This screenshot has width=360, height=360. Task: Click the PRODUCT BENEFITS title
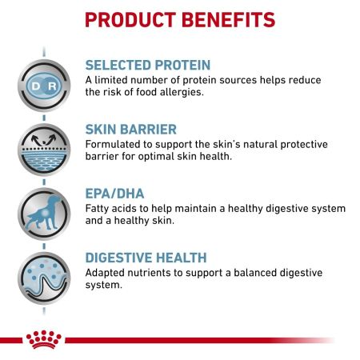click(179, 18)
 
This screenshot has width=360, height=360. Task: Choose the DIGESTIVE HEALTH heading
click(146, 257)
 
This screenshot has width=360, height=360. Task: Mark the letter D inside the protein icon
click(34, 83)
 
